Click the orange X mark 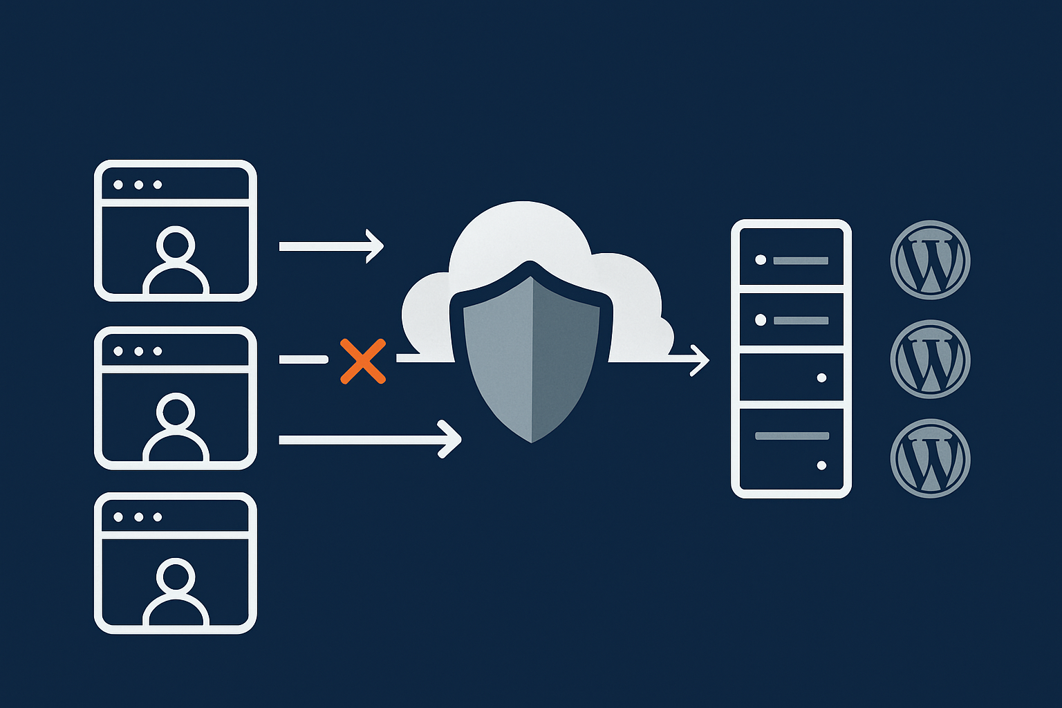(x=363, y=361)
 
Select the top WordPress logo (x=930, y=260)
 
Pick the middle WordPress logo (x=930, y=359)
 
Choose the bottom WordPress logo (x=930, y=458)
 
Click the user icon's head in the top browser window (x=176, y=244)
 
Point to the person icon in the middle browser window (x=176, y=425)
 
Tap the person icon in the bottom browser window (x=176, y=591)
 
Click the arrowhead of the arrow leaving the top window (x=376, y=246)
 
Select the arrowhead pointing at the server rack (x=702, y=360)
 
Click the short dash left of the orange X (x=303, y=360)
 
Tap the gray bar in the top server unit (x=801, y=261)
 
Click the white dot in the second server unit (x=761, y=320)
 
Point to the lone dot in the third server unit (x=821, y=378)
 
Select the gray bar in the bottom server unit (x=792, y=436)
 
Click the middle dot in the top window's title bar (x=138, y=185)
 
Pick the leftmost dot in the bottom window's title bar (x=118, y=517)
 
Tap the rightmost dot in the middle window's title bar (x=158, y=351)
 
